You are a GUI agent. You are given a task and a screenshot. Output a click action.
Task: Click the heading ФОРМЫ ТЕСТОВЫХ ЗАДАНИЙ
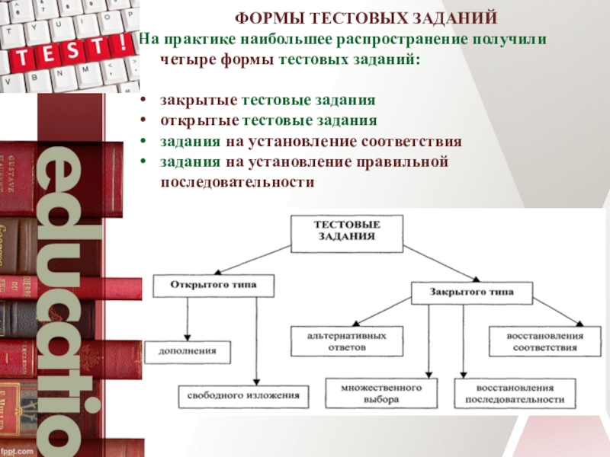(365, 18)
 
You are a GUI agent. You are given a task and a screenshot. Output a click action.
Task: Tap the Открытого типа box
(213, 286)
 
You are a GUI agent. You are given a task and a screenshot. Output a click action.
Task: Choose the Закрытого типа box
(471, 292)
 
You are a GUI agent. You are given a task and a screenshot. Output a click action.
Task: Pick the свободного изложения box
(244, 396)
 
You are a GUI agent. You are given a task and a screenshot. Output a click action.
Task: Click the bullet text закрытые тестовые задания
(268, 101)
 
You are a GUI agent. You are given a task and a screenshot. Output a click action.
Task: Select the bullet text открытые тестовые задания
(268, 121)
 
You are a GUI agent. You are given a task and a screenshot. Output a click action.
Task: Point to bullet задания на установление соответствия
(311, 142)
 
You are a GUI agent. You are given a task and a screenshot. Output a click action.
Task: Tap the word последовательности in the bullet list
(237, 183)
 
